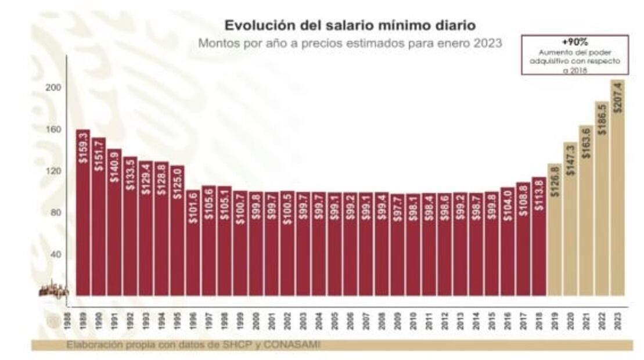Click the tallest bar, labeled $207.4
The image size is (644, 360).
click(x=617, y=192)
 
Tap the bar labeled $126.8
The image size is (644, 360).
click(x=555, y=232)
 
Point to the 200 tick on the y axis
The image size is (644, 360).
click(x=53, y=87)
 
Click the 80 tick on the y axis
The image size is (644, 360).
click(x=56, y=213)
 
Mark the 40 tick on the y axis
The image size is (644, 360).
click(x=56, y=254)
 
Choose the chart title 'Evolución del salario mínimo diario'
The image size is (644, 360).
click(x=350, y=26)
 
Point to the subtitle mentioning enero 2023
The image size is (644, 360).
click(x=350, y=43)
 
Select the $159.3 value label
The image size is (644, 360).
click(x=83, y=147)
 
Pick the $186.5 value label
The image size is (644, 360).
click(x=602, y=120)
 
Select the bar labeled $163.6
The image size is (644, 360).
click(x=586, y=212)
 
